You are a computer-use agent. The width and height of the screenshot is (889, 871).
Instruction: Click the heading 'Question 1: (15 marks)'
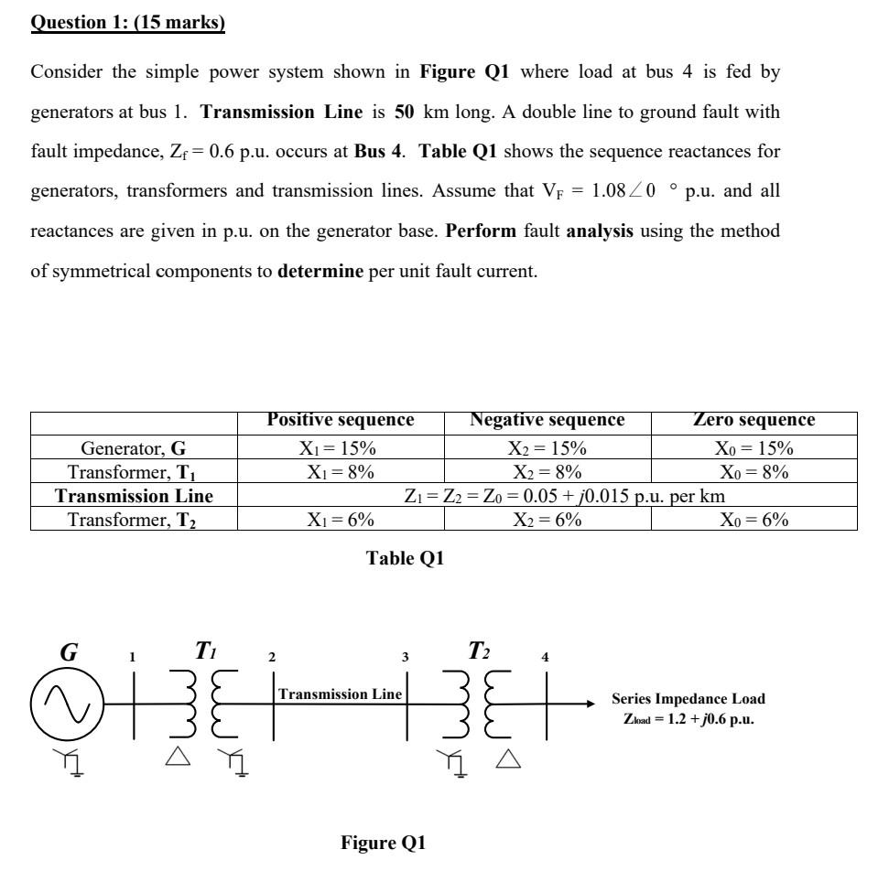pyautogui.click(x=128, y=23)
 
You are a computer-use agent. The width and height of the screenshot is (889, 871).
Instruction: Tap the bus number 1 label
pyautogui.click(x=133, y=657)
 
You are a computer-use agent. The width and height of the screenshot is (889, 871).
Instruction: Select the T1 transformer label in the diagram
pyautogui.click(x=205, y=651)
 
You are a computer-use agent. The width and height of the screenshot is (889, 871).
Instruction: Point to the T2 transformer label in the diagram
pyautogui.click(x=479, y=651)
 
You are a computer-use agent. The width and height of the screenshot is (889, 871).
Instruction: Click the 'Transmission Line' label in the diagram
pyautogui.click(x=340, y=694)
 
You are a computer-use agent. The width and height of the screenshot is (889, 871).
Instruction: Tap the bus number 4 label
pyautogui.click(x=546, y=657)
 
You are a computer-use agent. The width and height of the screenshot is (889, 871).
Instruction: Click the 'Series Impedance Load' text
pyautogui.click(x=688, y=699)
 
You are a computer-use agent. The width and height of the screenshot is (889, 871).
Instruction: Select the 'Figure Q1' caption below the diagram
pyautogui.click(x=384, y=843)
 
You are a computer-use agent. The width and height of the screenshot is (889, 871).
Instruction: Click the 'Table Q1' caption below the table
pyautogui.click(x=405, y=558)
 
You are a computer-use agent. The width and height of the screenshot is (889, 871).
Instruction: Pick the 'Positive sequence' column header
pyautogui.click(x=341, y=421)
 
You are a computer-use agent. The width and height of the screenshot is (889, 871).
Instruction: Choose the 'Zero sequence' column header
pyautogui.click(x=753, y=421)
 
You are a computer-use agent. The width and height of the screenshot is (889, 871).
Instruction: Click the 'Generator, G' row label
pyautogui.click(x=134, y=448)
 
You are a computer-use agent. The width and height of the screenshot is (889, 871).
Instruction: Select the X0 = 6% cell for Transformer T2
pyautogui.click(x=753, y=519)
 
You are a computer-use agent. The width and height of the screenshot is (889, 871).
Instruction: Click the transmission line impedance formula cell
pyautogui.click(x=547, y=496)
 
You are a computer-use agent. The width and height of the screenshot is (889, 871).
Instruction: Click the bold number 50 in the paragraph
pyautogui.click(x=406, y=113)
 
